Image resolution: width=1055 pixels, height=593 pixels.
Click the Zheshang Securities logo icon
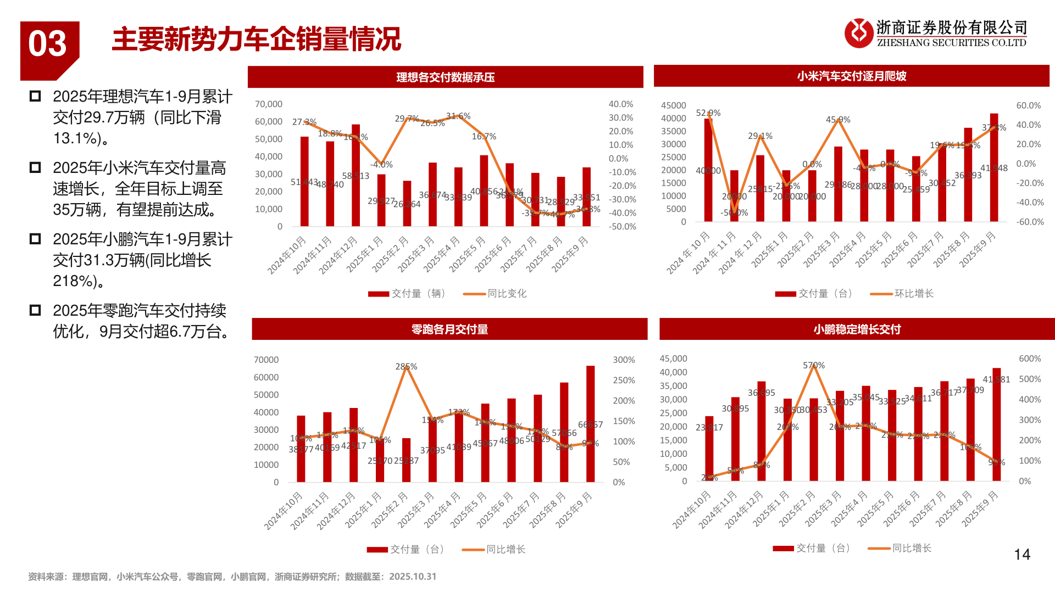tap(858, 33)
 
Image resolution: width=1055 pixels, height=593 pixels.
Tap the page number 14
tap(1021, 555)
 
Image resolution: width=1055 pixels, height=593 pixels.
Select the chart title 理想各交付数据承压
tap(445, 77)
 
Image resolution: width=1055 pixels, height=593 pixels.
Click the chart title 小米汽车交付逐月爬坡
tap(851, 76)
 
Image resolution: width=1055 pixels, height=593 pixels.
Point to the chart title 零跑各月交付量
tap(449, 329)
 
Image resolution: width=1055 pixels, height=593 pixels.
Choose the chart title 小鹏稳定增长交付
tap(857, 329)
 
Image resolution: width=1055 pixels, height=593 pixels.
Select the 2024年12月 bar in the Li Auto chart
tap(356, 175)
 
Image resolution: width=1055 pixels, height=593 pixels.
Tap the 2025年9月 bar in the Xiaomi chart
tap(994, 167)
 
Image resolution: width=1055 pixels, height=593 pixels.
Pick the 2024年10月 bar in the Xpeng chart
tap(709, 448)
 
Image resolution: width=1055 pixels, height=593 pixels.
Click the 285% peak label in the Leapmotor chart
tap(406, 366)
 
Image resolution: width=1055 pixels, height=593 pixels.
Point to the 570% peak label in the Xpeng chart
tap(813, 365)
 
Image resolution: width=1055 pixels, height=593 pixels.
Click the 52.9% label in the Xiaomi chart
tap(708, 113)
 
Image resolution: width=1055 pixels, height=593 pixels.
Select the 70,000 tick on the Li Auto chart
tap(268, 104)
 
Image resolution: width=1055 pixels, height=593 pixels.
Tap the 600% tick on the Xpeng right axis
tap(1029, 359)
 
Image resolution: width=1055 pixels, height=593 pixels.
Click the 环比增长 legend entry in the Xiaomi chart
tap(913, 294)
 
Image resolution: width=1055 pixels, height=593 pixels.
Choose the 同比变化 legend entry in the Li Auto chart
tap(507, 294)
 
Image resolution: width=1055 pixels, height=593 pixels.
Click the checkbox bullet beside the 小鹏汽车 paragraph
tap(35, 239)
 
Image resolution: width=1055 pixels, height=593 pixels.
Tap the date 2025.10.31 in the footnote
tap(413, 577)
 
